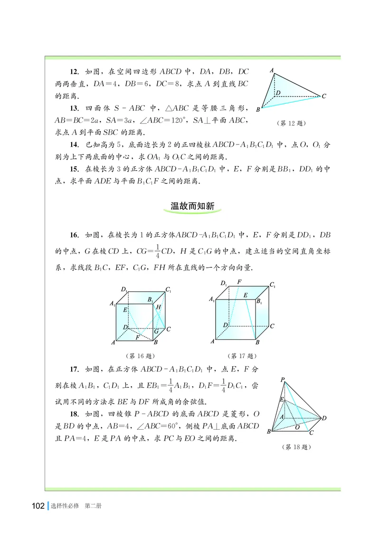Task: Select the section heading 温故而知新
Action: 193,206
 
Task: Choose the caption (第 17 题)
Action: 243,356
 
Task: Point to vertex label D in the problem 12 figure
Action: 278,93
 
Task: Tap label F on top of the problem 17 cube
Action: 239,282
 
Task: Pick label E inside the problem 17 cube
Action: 245,296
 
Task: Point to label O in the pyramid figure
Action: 297,427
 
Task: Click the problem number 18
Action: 74,413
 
